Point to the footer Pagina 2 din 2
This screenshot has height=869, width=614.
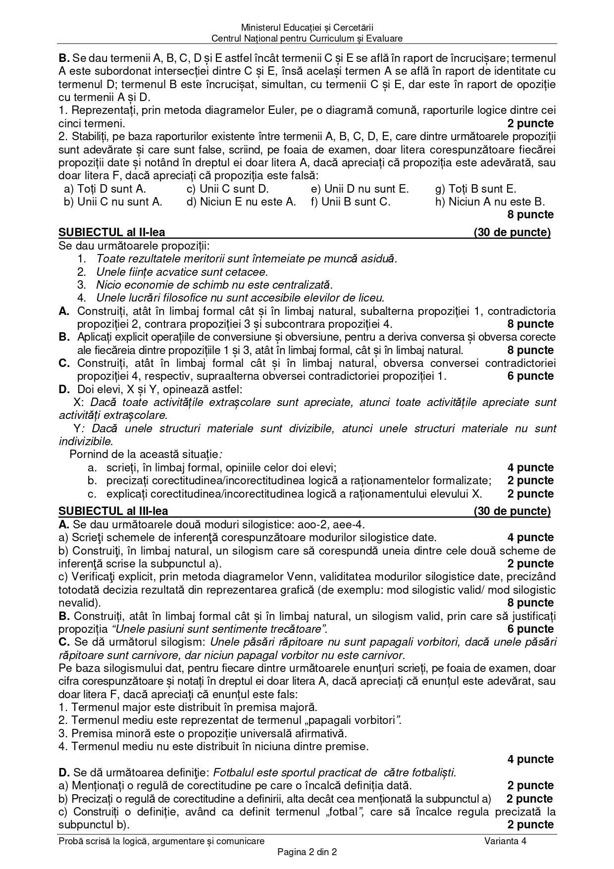pyautogui.click(x=307, y=852)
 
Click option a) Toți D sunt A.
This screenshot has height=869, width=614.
pyautogui.click(x=105, y=189)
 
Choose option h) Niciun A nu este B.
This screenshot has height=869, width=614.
pyautogui.click(x=490, y=202)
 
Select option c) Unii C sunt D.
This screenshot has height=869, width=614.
pyautogui.click(x=227, y=189)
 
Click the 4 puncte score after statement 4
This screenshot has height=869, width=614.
pyautogui.click(x=530, y=759)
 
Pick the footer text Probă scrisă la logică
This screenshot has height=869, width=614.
pyautogui.click(x=161, y=841)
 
